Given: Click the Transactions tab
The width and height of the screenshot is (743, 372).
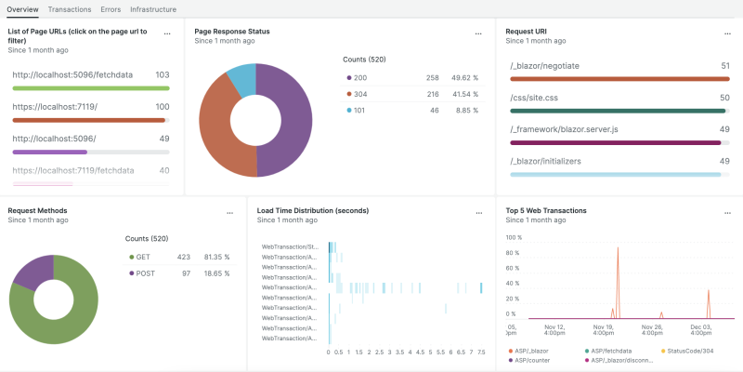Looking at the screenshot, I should click(70, 8).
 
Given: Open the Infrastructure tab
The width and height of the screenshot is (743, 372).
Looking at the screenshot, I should click(153, 8).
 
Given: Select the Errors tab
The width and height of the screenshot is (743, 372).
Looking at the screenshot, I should click(111, 8).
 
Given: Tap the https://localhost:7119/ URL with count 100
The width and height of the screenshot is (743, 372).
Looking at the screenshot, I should click(55, 107).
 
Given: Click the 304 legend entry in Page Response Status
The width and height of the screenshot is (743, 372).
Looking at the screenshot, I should click(359, 94).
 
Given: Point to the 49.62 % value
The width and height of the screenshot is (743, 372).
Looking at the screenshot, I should click(464, 78).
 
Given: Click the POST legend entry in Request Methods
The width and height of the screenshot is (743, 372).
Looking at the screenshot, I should click(146, 273).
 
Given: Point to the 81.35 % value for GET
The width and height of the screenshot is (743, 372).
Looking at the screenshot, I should click(216, 258).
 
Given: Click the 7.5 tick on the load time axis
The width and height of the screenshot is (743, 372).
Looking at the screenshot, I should click(479, 353).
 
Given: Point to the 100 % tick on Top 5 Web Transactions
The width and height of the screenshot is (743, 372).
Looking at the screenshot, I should click(513, 238).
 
